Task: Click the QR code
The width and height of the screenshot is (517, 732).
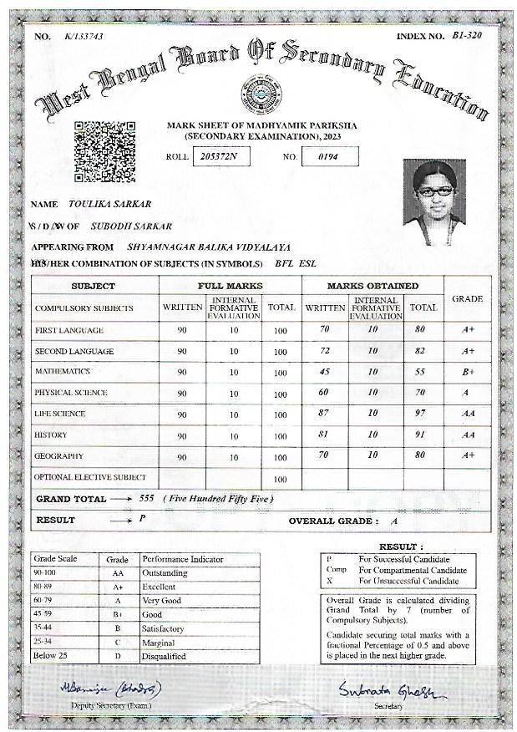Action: coord(104,151)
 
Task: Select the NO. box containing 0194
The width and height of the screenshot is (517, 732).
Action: coord(329,156)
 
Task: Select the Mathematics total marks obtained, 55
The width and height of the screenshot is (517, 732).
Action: coord(421,372)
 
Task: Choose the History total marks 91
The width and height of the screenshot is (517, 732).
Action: coord(421,435)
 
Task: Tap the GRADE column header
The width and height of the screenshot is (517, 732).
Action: coord(467,298)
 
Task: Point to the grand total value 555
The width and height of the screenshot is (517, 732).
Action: coord(149,499)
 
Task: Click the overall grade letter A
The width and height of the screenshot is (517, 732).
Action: coord(393,521)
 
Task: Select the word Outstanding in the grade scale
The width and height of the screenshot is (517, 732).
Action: coord(165,573)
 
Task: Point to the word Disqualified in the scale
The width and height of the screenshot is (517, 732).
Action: coord(164,656)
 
